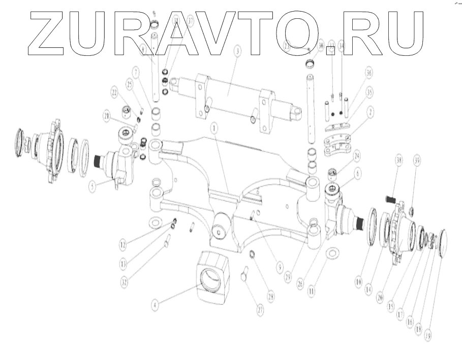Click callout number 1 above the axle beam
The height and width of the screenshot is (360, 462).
[x=215, y=130]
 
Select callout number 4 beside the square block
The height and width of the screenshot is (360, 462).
[x=155, y=305]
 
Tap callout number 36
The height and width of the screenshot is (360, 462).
[x=369, y=73]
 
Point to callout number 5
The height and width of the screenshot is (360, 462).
[x=92, y=186]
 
